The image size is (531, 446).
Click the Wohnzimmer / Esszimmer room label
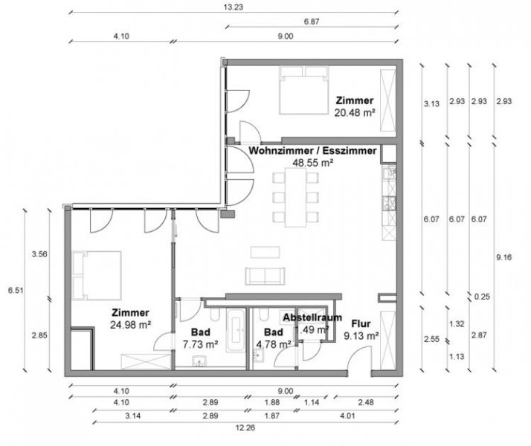click(313, 149)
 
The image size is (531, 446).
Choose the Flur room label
click(361, 324)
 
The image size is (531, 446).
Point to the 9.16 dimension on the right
click(503, 258)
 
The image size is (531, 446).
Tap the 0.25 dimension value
click(480, 296)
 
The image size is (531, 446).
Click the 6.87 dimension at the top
click(309, 23)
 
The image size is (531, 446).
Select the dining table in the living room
click(297, 196)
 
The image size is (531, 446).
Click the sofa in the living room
click(265, 274)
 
